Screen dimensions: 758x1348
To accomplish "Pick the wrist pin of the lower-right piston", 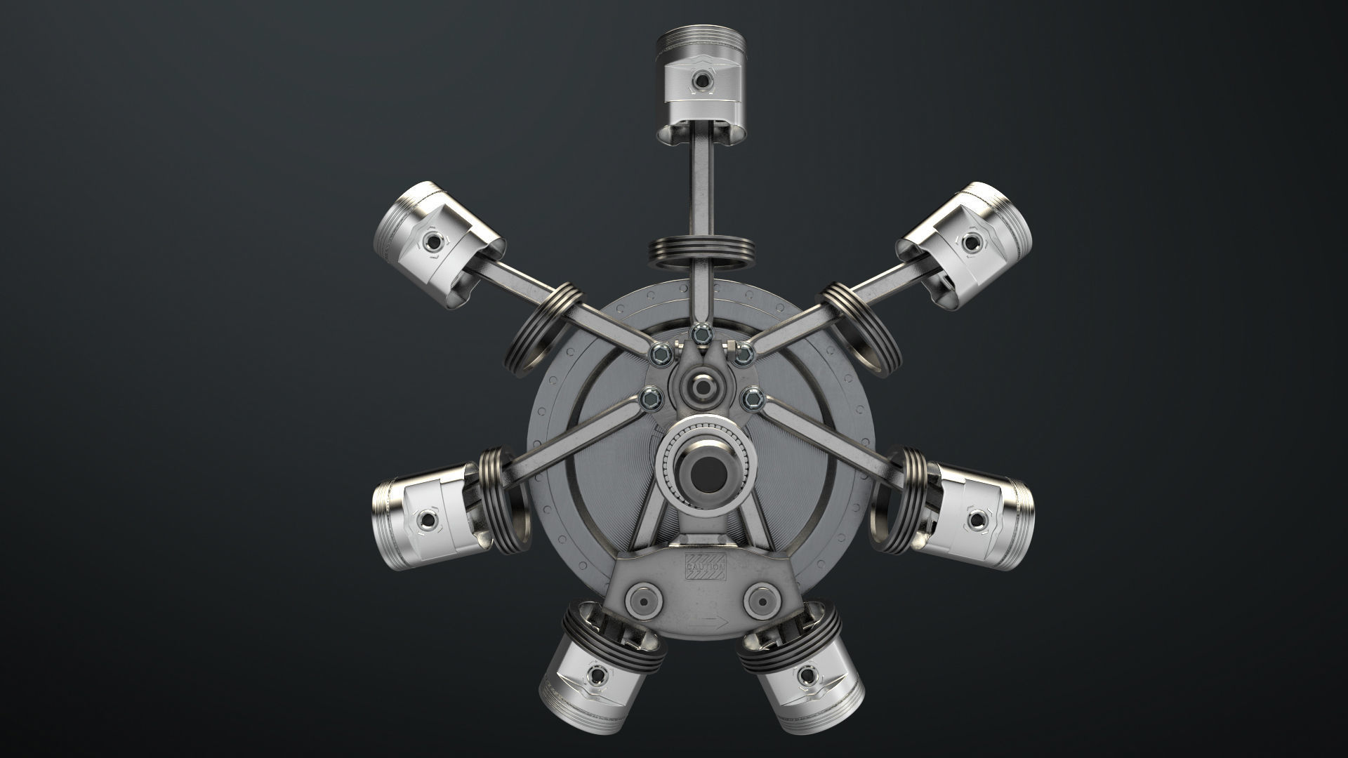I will (x=977, y=520).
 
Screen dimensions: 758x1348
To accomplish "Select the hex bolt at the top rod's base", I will (x=699, y=333).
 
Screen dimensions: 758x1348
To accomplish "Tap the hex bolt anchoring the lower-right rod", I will (x=753, y=398).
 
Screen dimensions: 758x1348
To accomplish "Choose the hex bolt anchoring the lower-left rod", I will (x=651, y=400).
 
